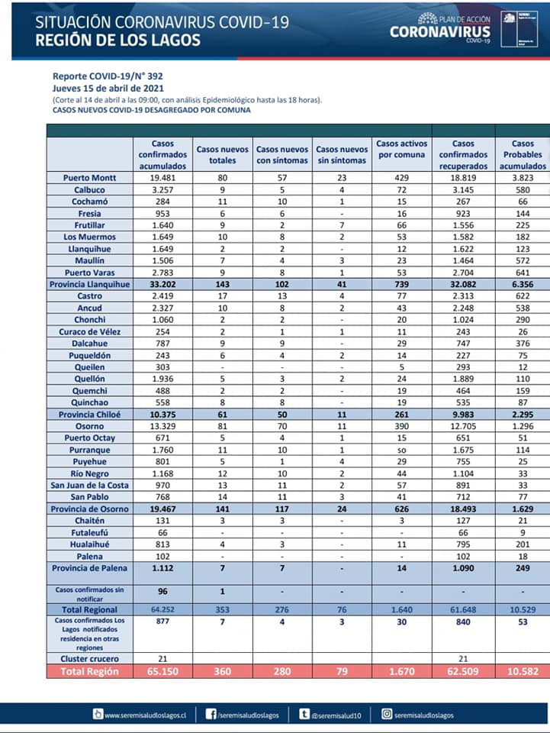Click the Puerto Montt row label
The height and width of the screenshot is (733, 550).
(x=90, y=177)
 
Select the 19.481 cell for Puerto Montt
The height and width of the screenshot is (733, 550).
(x=163, y=177)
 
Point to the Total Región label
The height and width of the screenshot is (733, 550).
(x=90, y=671)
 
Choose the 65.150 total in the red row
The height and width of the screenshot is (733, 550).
(x=163, y=671)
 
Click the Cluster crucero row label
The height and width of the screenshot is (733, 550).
(x=90, y=658)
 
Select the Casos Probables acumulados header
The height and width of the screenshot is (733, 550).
(x=523, y=154)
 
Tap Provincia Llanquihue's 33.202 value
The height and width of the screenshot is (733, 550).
(x=163, y=283)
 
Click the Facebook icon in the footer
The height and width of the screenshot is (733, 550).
(x=210, y=715)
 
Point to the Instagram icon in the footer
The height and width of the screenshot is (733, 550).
(x=388, y=715)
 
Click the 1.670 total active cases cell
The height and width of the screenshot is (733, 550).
(x=402, y=671)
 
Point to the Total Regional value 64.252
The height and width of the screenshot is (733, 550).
(x=163, y=609)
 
